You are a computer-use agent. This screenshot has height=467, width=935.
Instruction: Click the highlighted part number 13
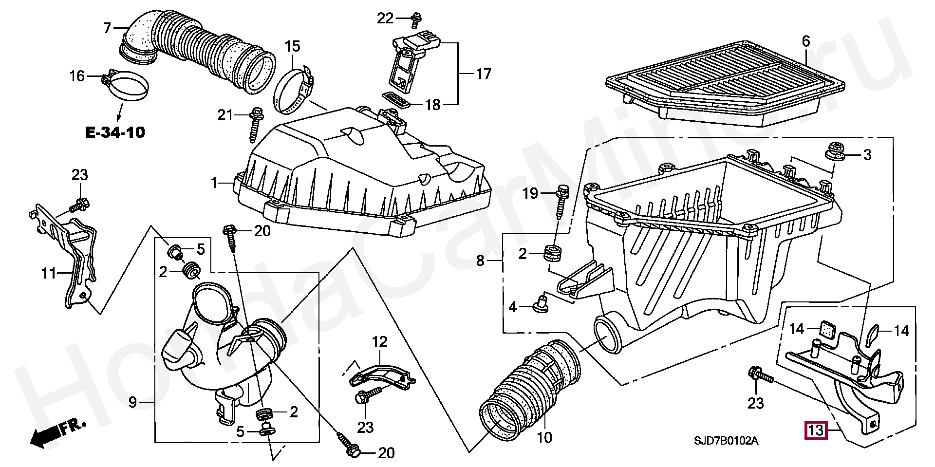816,430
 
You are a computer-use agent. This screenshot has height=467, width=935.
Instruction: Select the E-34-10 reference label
115,132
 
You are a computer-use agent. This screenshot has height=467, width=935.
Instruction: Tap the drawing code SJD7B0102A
726,441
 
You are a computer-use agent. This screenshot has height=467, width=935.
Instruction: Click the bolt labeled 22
415,19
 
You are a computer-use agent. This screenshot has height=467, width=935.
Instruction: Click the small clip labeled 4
540,304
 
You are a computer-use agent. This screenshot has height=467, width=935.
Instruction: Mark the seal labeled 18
395,99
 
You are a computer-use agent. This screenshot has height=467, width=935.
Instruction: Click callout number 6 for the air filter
805,42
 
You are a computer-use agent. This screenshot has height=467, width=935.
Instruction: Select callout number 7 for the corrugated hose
108,28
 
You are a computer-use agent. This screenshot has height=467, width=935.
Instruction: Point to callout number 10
544,437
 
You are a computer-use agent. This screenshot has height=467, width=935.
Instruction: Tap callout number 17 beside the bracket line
483,74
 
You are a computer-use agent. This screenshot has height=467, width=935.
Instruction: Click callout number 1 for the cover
214,183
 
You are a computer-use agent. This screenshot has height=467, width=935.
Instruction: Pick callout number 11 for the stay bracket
48,273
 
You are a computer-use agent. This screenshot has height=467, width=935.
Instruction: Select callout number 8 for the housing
480,261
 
